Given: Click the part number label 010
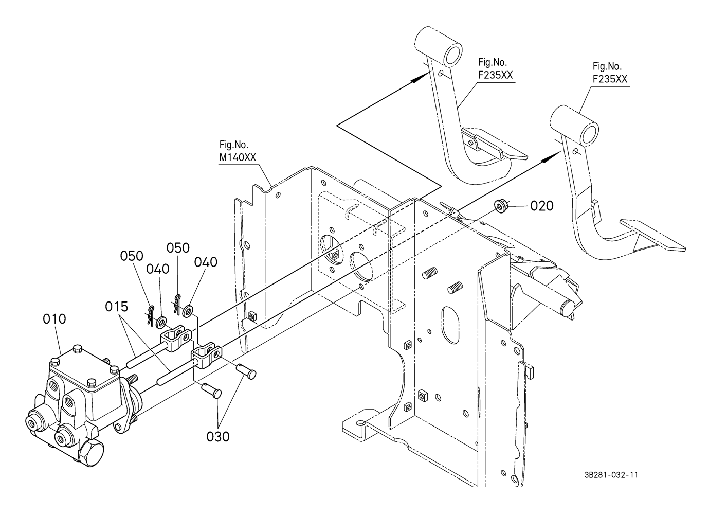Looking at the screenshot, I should [x=54, y=319].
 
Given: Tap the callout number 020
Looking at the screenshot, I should [x=542, y=206].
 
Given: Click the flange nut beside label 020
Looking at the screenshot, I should [x=499, y=206].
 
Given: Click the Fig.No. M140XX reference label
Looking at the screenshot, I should [x=238, y=152].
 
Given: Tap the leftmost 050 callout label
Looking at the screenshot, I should [x=132, y=256].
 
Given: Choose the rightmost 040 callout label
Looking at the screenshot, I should [x=206, y=262].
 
